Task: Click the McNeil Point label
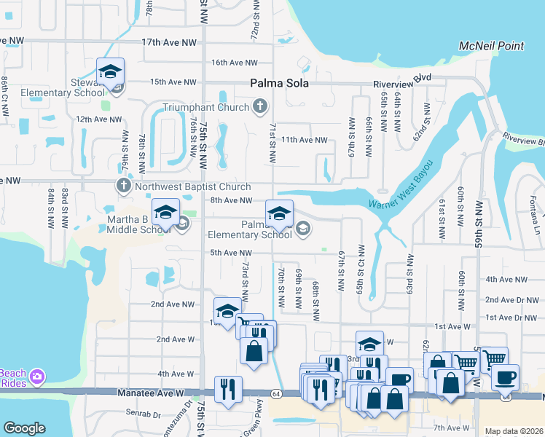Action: [x=491, y=46]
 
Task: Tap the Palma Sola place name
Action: [x=279, y=83]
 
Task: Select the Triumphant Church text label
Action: [x=216, y=108]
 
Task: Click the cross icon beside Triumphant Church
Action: [x=259, y=108]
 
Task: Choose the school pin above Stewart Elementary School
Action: [x=110, y=72]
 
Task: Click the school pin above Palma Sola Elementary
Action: [x=278, y=214]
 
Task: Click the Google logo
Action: [x=24, y=428]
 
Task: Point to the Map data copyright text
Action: [x=513, y=431]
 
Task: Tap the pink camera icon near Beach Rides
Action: [x=38, y=377]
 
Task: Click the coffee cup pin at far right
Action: [x=505, y=378]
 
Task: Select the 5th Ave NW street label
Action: [x=231, y=253]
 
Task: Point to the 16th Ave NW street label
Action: [x=234, y=63]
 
